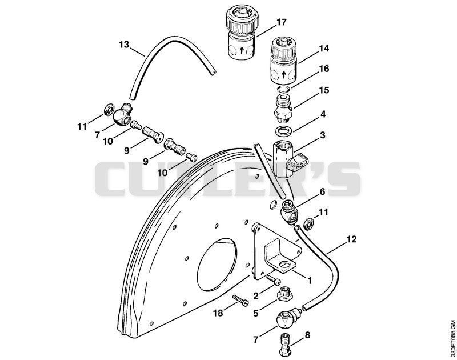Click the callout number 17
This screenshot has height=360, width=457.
pyautogui.click(x=281, y=22)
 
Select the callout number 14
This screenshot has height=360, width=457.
pyautogui.click(x=324, y=48)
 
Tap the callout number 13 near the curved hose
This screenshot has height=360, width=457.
pyautogui.click(x=124, y=45)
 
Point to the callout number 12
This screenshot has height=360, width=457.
pyautogui.click(x=351, y=239)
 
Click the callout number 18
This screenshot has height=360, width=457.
pyautogui.click(x=218, y=313)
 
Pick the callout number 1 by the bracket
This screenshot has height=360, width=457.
pyautogui.click(x=309, y=281)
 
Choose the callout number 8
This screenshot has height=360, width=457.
pyautogui.click(x=307, y=335)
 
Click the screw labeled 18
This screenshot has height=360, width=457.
pyautogui.click(x=240, y=300)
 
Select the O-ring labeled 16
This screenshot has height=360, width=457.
pyautogui.click(x=283, y=89)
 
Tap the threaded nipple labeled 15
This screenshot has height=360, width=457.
pyautogui.click(x=282, y=109)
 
